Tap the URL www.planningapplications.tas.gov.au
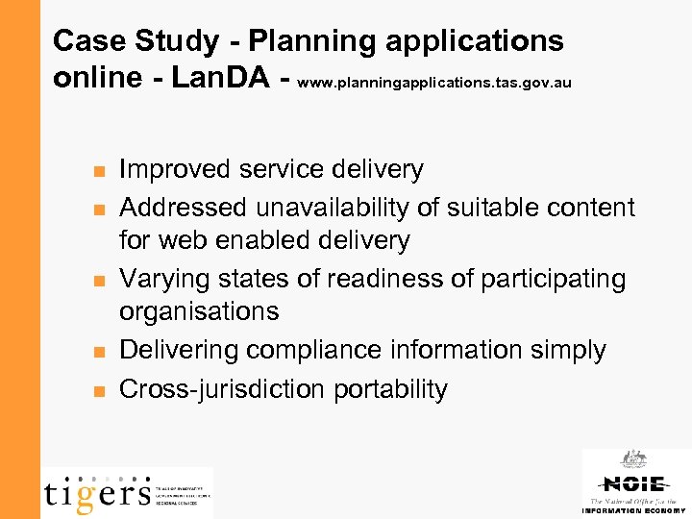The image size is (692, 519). pos(434,83)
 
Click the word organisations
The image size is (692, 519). pos(199,311)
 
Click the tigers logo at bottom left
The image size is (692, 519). pos(96,492)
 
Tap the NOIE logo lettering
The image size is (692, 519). pos(633,483)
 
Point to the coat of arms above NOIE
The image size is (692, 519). pos(633,458)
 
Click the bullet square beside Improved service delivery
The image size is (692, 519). pos(97,171)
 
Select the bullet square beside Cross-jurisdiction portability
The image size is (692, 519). pos(97,391)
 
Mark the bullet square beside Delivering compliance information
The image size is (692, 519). pos(97,353)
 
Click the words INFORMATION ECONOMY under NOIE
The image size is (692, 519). pos(633,510)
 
